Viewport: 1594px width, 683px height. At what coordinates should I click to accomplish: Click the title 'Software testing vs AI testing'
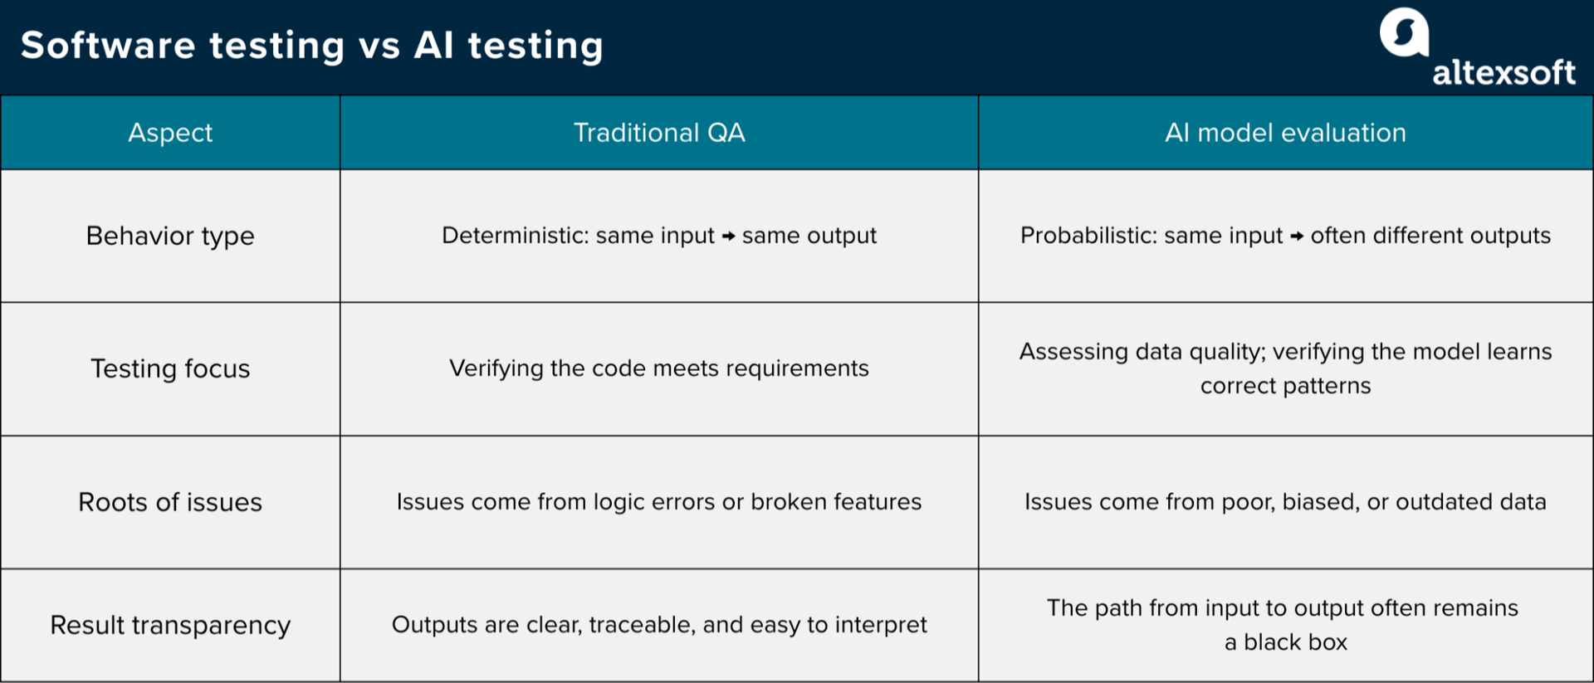tap(311, 46)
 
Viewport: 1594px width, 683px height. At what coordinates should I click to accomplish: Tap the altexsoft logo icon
tap(1403, 32)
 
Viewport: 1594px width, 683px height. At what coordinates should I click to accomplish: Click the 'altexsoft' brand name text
tap(1504, 73)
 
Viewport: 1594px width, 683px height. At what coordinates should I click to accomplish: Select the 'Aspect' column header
tap(170, 133)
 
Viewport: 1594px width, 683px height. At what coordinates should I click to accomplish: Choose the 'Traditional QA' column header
tap(659, 133)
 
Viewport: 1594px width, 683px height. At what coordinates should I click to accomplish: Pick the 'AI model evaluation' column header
tap(1285, 133)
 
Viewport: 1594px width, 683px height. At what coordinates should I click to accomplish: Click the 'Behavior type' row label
tap(170, 236)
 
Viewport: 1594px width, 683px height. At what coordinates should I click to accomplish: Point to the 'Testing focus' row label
tap(170, 368)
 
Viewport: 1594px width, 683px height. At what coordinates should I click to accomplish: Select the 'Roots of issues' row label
tap(170, 502)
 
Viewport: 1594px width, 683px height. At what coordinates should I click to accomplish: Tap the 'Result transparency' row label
tap(170, 625)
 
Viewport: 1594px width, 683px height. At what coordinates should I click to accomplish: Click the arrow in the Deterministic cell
tap(728, 237)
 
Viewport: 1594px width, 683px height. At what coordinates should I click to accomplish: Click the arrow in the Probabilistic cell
tap(1297, 237)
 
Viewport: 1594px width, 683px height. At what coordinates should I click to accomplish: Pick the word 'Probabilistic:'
tap(1088, 236)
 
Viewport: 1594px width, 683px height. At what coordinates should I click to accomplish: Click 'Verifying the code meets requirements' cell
tap(659, 368)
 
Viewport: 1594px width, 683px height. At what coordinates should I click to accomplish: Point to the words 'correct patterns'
tap(1285, 386)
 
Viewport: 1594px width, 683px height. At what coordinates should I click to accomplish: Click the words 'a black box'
tap(1285, 642)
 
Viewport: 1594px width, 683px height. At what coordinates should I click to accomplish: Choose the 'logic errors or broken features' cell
tap(659, 502)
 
